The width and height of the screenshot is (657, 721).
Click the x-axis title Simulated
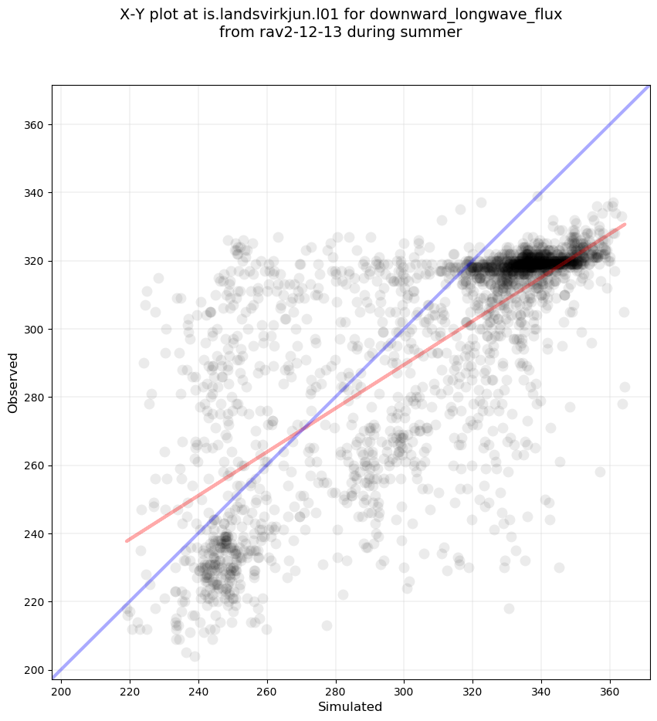coord(351,706)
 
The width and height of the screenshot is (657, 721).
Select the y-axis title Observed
coord(13,382)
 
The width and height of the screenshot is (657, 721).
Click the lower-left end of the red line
coord(127,540)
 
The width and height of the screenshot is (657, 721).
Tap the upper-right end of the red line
coord(625,224)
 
